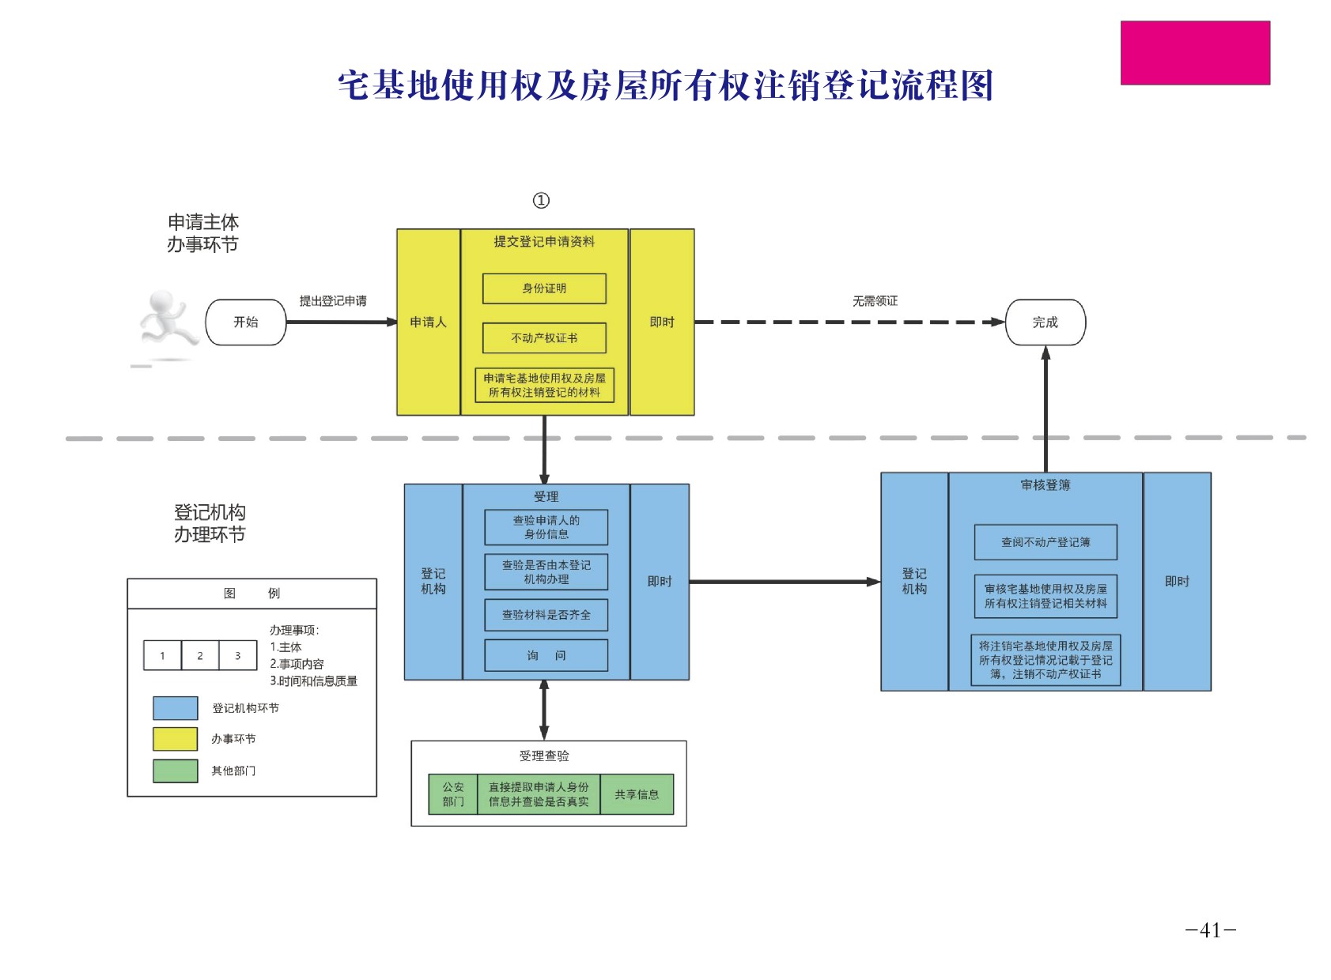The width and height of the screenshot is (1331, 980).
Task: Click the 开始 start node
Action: (x=245, y=322)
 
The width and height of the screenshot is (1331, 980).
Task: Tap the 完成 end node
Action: (x=1045, y=322)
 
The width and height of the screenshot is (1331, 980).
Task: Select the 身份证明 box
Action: (x=544, y=288)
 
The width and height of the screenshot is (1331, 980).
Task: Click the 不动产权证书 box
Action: (x=544, y=338)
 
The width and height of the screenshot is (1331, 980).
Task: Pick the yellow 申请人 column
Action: (x=428, y=322)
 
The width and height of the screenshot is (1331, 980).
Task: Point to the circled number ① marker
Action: (x=541, y=201)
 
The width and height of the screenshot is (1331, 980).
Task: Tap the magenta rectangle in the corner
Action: (x=1195, y=53)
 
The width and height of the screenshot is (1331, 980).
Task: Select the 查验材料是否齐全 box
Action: (x=546, y=615)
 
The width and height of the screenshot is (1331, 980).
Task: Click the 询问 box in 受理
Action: (x=546, y=655)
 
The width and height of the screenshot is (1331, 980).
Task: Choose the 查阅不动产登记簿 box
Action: (x=1045, y=542)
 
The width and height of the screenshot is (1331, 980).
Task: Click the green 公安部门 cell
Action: (x=453, y=794)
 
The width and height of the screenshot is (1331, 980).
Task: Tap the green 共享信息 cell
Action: (x=637, y=794)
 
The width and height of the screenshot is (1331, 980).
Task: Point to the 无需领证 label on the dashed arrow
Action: (x=875, y=301)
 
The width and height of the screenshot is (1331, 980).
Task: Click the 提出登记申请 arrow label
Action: (x=333, y=301)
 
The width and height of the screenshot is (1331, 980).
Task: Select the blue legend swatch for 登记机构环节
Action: (x=176, y=708)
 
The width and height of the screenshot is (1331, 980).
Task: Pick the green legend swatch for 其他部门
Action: (x=176, y=771)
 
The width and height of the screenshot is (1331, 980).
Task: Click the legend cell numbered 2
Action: (x=200, y=655)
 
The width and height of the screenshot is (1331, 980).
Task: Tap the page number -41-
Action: (x=1210, y=930)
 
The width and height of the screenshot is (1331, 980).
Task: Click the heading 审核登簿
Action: (x=1045, y=485)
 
